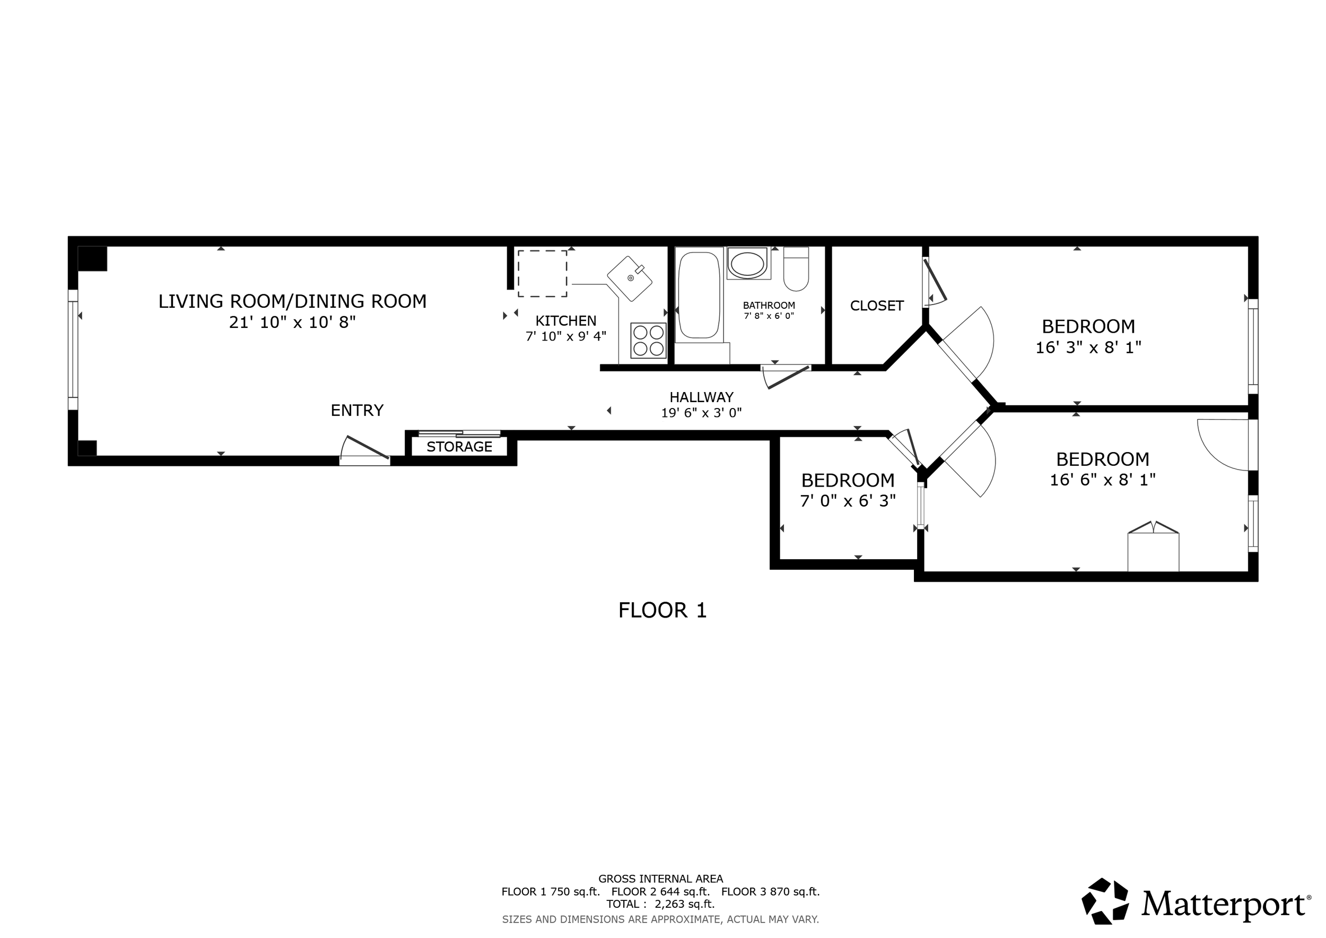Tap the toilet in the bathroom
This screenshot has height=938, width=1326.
[796, 269]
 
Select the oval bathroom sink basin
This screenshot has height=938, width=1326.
[747, 264]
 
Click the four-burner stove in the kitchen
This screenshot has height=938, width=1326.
[648, 340]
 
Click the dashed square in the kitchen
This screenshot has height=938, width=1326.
[542, 274]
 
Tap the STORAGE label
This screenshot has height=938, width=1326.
[459, 447]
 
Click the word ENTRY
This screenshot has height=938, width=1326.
[357, 410]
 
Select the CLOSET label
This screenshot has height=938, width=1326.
[877, 306]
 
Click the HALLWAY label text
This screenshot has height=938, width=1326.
[701, 397]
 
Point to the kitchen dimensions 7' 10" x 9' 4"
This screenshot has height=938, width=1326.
[565, 336]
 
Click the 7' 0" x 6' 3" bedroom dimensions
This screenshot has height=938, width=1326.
[848, 501]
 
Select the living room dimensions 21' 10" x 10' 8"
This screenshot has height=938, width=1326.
[292, 322]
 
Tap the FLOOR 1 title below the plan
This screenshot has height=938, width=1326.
[662, 611]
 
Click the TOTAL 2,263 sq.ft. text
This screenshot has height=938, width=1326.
[661, 904]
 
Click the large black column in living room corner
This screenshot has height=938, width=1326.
[92, 258]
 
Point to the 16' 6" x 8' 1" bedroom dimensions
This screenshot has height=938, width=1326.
[1103, 480]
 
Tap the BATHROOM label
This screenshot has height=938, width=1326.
[769, 305]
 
